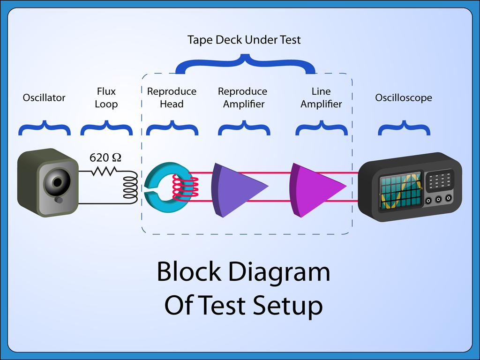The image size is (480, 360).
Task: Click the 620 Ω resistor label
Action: (x=105, y=157)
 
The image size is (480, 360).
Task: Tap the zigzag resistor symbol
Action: (x=104, y=172)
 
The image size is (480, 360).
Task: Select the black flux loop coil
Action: (x=130, y=187)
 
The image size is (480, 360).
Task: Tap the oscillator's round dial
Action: (x=58, y=182)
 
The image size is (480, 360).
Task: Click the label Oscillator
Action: (x=44, y=98)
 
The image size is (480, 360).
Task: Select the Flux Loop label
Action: (x=106, y=97)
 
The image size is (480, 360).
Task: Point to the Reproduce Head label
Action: (x=172, y=97)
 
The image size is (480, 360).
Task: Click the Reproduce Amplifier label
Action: (x=243, y=97)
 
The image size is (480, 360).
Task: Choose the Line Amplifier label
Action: (x=321, y=97)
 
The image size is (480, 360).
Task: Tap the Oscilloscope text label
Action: (x=404, y=98)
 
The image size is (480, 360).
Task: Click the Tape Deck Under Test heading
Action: (x=244, y=40)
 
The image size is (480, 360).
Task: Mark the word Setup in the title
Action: (x=288, y=306)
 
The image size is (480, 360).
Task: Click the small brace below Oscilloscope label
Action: (x=404, y=127)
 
